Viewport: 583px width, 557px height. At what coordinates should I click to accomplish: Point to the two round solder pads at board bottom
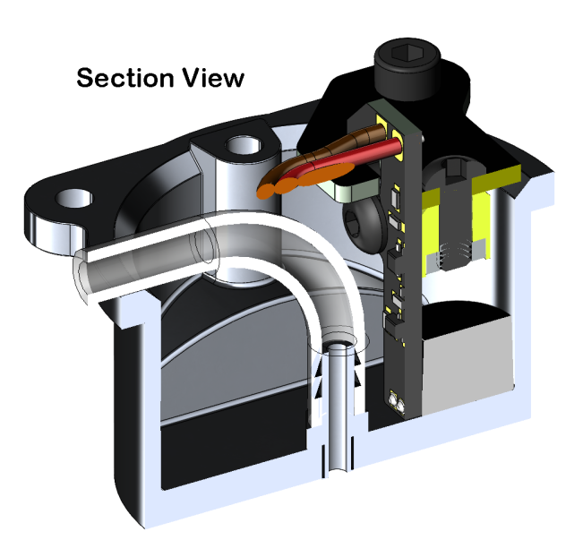(396, 402)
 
